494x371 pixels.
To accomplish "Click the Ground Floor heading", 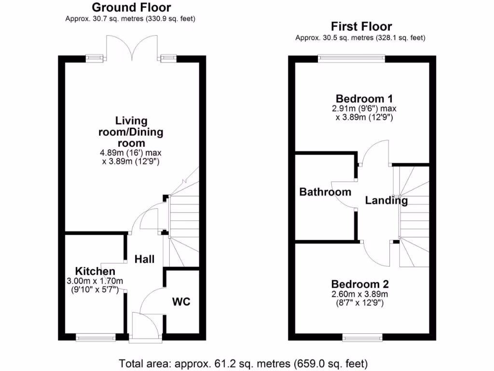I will coord(131,7).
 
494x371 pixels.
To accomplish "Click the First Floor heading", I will coord(361,26).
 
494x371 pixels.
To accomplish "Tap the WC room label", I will coord(181,302).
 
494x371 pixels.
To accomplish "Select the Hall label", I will coord(144,259).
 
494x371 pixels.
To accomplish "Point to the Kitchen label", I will coord(95,271).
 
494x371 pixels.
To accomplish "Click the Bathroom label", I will coord(325,192).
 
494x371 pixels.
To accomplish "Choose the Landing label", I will coord(386,200).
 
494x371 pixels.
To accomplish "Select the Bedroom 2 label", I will coord(360,284).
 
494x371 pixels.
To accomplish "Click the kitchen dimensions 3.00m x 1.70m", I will coord(95,281).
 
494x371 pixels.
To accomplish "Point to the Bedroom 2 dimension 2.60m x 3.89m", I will coord(360,294).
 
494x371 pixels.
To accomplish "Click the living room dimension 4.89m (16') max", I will coord(131,153).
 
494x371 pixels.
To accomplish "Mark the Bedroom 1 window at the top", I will coord(351,59).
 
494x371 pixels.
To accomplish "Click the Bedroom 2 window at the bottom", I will coord(363,337).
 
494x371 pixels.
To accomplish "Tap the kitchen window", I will coord(96,337).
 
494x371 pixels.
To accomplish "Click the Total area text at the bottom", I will coord(243,362).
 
